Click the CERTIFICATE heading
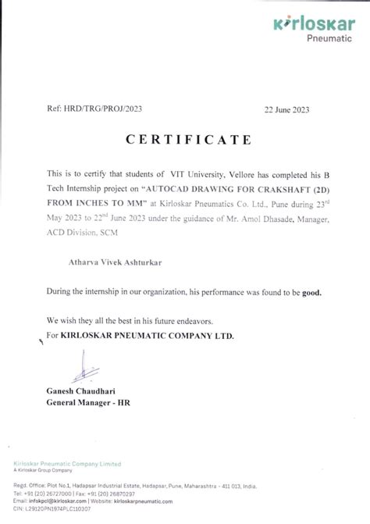[186, 140]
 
